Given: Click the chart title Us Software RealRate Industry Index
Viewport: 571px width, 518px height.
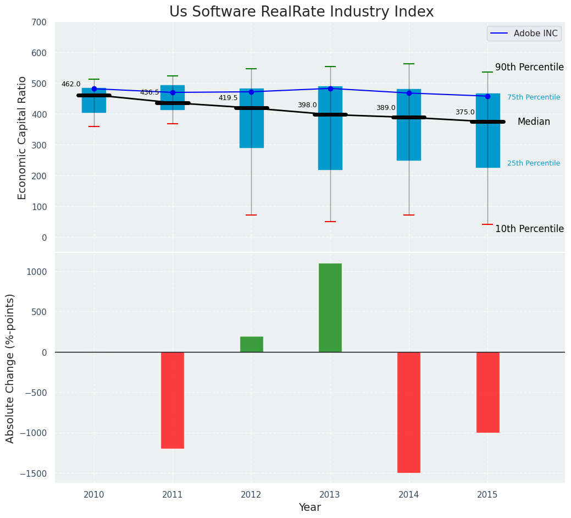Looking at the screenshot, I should coord(301,12).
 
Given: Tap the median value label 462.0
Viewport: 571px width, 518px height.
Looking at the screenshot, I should coord(71,84).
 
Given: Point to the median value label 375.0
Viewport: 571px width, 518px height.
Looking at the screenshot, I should coord(465,112).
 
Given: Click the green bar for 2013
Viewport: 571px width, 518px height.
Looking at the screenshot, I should coord(330,307).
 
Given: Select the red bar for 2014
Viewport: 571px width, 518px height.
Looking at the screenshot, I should coord(409,412).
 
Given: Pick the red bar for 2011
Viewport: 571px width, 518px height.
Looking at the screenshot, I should coord(173,400).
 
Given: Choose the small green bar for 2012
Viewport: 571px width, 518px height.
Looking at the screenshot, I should coord(251,344).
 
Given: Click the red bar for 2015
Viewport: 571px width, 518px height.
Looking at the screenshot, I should coord(487,392).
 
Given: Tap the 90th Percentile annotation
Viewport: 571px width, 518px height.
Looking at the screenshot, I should coord(529,67).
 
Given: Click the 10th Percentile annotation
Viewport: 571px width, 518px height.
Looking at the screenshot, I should coord(529,229).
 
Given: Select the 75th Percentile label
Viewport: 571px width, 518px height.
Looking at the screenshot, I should coord(534,97).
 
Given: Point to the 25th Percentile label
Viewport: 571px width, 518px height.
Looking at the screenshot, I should coord(534,163).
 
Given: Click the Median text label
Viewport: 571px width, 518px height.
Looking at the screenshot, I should coord(534,122).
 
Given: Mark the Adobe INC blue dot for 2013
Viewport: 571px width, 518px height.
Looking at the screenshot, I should coord(330,89).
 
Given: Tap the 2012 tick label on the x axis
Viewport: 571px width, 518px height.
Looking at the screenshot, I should coord(251,495).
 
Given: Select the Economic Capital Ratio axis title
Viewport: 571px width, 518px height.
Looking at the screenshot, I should coord(23,137).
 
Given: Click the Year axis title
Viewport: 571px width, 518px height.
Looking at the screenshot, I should coord(309,508).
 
